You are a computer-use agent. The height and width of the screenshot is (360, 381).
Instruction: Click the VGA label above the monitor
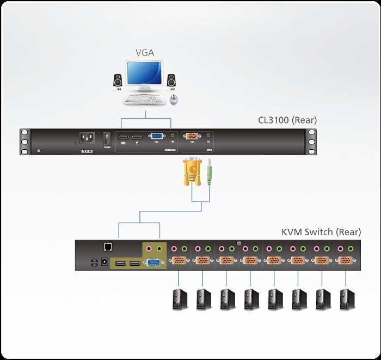point(144,53)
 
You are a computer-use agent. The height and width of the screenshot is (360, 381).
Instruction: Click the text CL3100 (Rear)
point(287,120)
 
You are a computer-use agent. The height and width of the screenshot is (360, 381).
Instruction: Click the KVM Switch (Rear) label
point(321,232)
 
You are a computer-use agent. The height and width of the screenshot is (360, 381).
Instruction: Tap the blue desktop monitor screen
point(144,74)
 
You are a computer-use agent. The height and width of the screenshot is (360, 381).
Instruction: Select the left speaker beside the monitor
point(118,81)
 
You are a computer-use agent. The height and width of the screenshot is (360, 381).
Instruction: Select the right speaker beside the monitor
point(171,80)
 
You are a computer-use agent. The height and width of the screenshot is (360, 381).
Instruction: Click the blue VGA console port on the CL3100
point(156,138)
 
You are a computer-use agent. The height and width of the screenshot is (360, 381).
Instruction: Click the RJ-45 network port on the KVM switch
point(107,246)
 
